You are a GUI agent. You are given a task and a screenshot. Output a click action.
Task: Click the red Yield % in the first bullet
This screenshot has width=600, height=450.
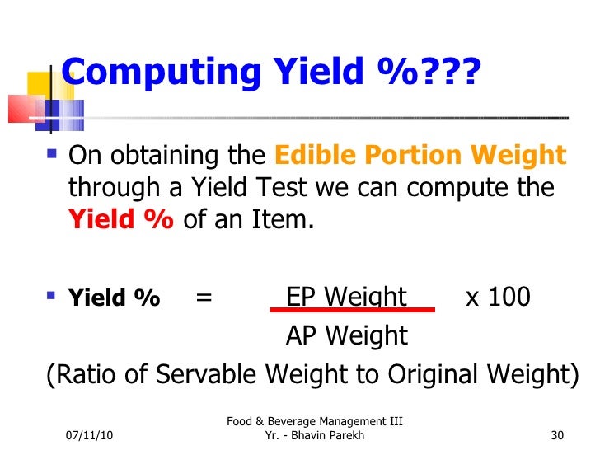pos(120,220)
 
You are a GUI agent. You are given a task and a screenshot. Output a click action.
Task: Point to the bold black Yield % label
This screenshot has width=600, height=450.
pos(114,298)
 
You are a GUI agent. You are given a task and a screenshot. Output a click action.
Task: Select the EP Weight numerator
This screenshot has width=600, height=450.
pos(346,297)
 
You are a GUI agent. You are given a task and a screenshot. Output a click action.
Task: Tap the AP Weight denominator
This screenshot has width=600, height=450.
pos(346,335)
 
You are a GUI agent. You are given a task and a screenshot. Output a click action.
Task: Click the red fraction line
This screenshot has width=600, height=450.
pos(353,311)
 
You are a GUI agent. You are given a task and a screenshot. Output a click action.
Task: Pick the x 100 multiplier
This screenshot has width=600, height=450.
pos(498,297)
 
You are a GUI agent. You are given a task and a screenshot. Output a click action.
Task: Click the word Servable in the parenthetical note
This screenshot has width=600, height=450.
pos(227,374)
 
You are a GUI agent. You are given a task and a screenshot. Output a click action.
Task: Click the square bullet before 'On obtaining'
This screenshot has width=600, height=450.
pos(54,154)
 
